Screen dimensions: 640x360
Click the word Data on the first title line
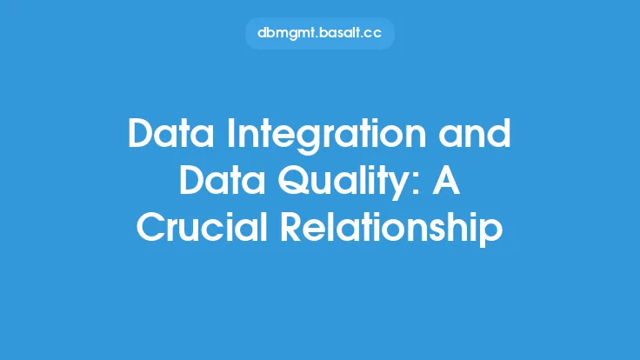point(170,133)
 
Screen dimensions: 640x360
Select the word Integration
point(326,137)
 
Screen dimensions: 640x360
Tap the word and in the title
point(475,133)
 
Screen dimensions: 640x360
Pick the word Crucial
point(202,226)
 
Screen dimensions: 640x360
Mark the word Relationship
point(392,229)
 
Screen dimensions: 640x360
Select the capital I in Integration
point(231,133)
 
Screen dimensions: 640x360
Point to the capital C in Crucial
point(151,227)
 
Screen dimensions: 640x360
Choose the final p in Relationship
point(492,233)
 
